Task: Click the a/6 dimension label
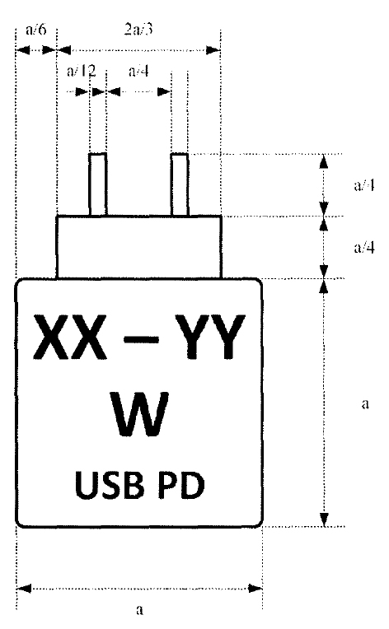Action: click(x=35, y=30)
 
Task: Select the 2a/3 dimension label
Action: click(x=138, y=30)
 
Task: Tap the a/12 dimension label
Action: click(x=82, y=71)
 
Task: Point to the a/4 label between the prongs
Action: click(x=139, y=71)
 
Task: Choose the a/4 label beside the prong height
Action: click(x=364, y=185)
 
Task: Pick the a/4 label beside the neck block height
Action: click(x=364, y=248)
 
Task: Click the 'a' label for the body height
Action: click(x=365, y=403)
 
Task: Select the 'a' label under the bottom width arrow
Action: click(x=139, y=610)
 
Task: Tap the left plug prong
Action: click(x=98, y=184)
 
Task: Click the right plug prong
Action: click(x=180, y=184)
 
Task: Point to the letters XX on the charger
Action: click(x=70, y=337)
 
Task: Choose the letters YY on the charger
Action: click(x=211, y=337)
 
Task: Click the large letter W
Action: click(x=139, y=414)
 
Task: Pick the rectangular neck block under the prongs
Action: click(x=139, y=247)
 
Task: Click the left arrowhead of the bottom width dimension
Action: click(x=24, y=589)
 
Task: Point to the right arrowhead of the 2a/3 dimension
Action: click(x=213, y=50)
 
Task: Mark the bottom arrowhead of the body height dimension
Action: click(x=324, y=519)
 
